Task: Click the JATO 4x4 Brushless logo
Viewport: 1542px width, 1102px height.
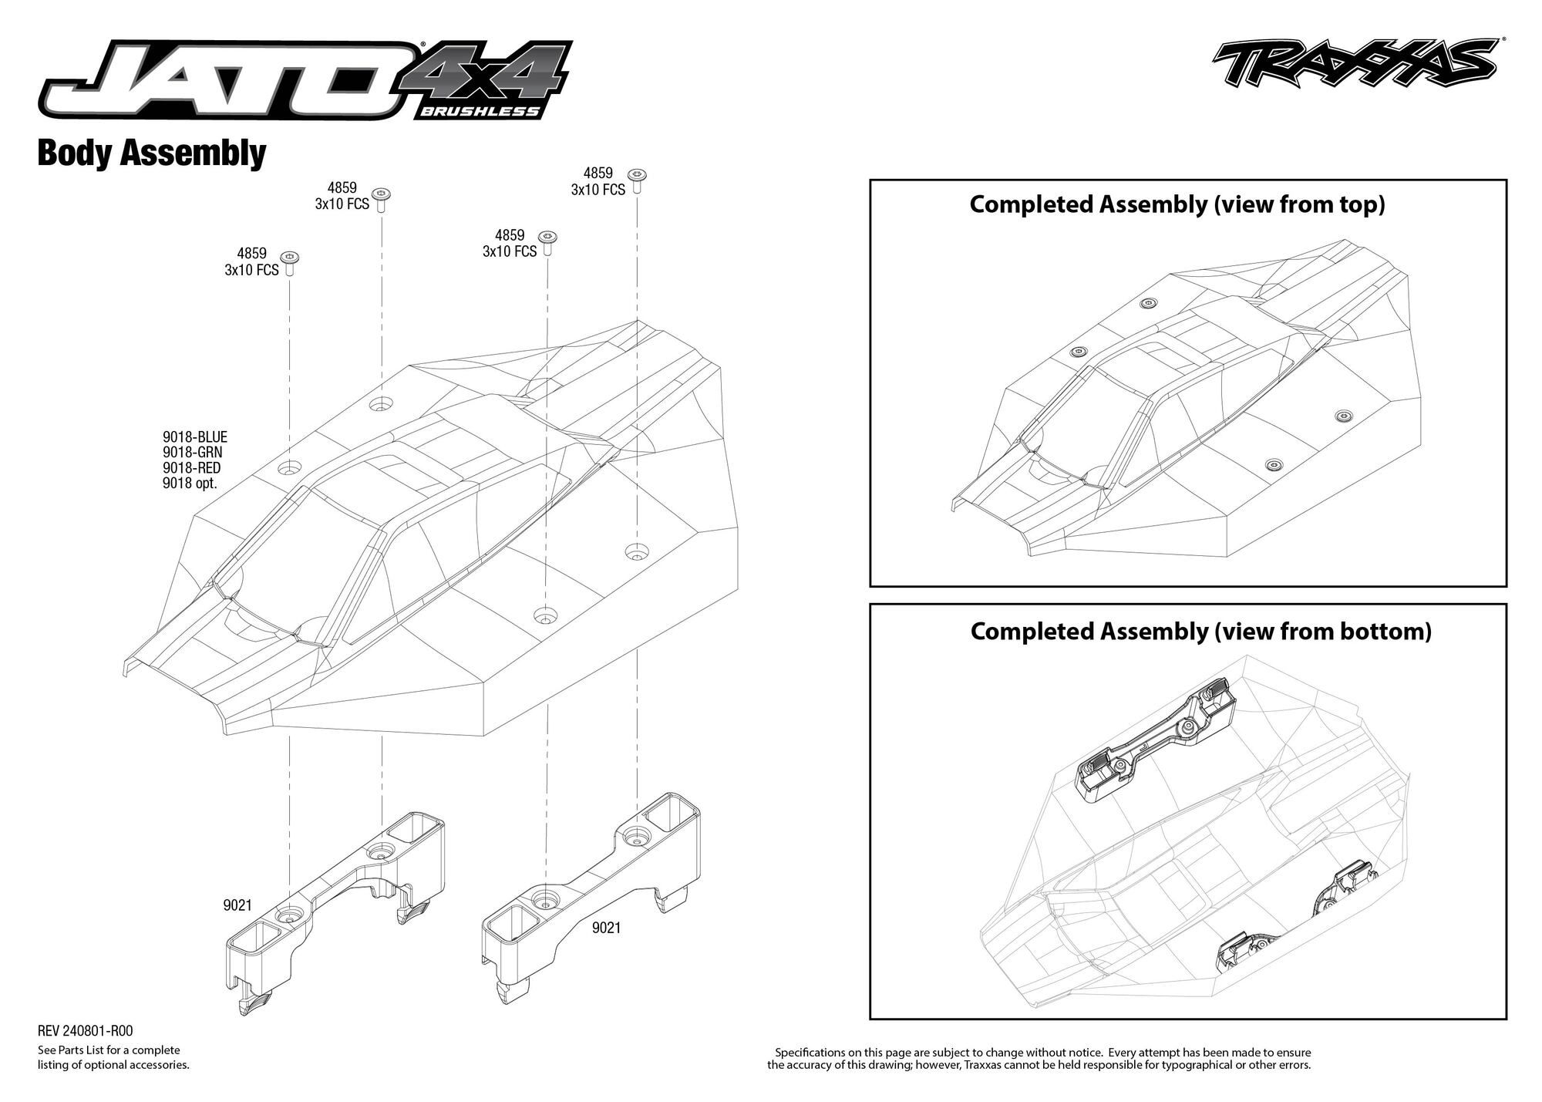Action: click(x=306, y=81)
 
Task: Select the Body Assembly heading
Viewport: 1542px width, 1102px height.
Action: click(x=152, y=153)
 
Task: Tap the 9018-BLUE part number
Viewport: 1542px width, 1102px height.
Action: click(x=195, y=437)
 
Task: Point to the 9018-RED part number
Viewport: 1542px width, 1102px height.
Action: click(x=192, y=468)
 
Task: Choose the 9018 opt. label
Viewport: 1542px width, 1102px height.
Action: click(x=190, y=484)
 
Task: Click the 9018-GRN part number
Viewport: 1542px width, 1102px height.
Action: click(x=193, y=453)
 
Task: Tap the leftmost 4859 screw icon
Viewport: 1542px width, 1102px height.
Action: click(x=290, y=264)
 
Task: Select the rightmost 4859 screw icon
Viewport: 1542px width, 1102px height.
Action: click(x=637, y=180)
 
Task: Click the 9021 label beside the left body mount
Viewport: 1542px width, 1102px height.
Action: click(x=237, y=905)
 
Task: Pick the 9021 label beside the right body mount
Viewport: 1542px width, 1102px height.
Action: click(x=606, y=928)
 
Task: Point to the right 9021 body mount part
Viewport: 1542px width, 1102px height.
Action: click(x=591, y=896)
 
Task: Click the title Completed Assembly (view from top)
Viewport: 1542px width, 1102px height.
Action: click(x=1177, y=204)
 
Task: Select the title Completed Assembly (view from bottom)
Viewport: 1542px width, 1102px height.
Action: click(x=1200, y=631)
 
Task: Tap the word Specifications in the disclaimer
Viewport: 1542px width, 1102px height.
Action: click(x=810, y=1052)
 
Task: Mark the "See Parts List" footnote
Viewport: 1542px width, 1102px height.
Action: click(x=113, y=1057)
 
